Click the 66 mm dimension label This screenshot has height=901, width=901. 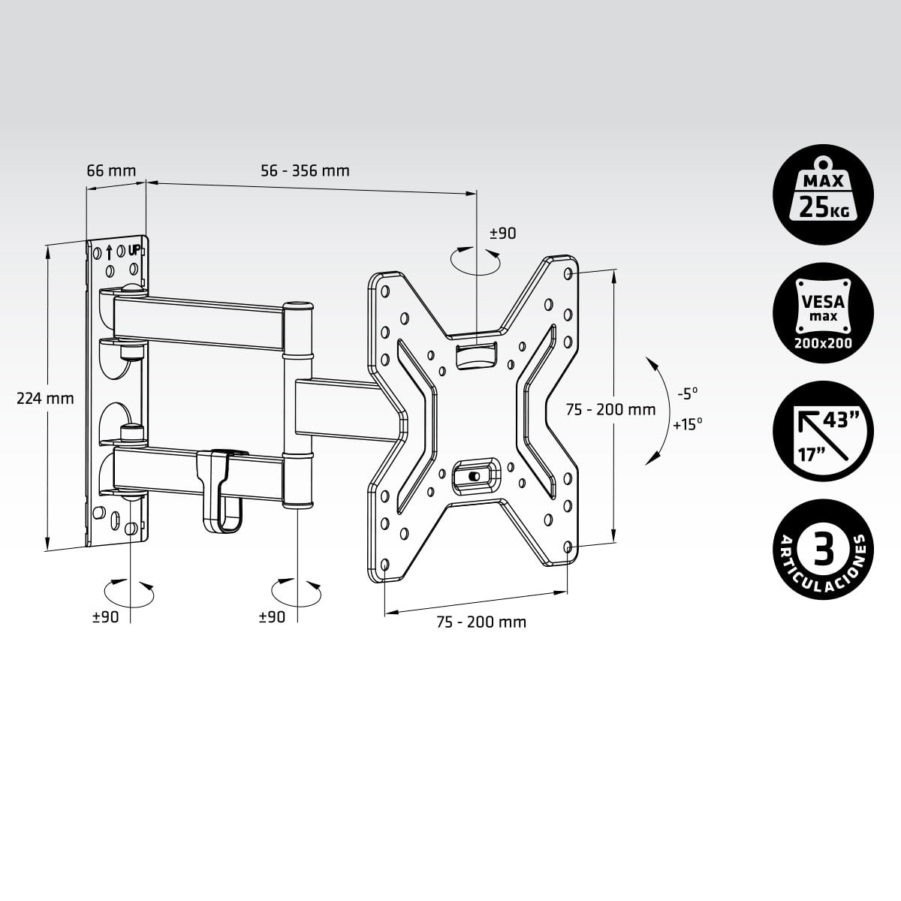point(111,170)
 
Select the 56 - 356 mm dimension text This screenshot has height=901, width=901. point(305,170)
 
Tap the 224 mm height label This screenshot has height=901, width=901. point(45,399)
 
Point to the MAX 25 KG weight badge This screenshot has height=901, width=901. point(823,194)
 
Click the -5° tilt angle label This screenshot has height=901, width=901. point(688,393)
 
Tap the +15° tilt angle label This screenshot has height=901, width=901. point(688,425)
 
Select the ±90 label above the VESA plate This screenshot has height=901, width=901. point(503,234)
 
